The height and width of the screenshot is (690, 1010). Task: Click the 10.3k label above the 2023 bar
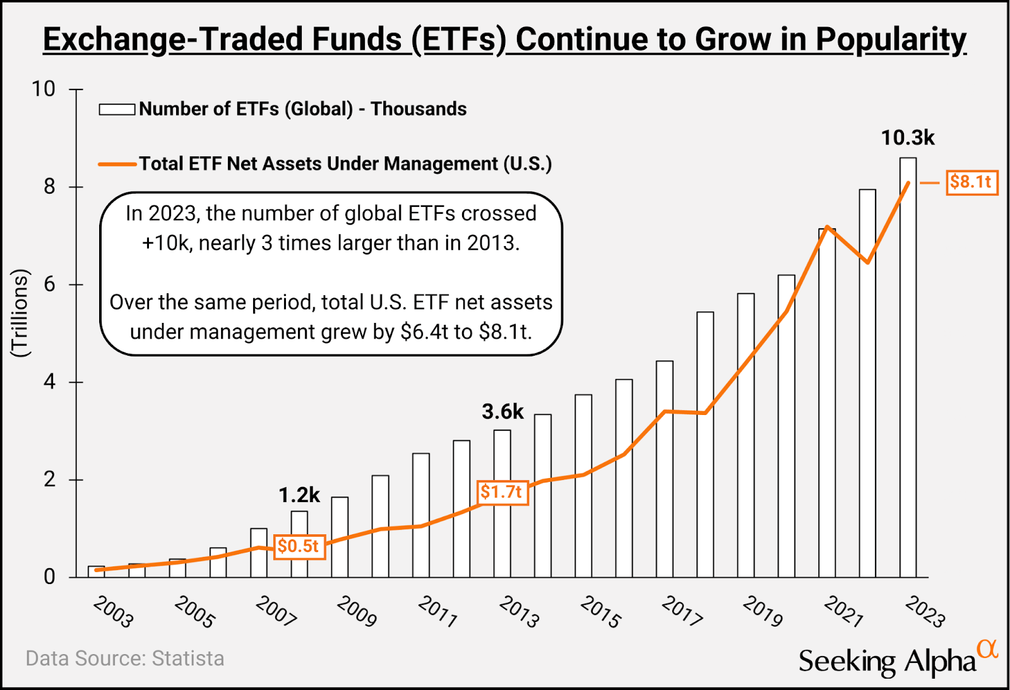907,137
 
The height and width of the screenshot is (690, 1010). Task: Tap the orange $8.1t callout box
971,182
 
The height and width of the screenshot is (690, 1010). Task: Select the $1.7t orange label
502,492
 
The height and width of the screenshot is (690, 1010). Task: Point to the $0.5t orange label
299,546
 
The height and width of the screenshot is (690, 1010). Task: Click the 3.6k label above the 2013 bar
502,412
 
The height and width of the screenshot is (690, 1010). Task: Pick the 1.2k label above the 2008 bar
299,495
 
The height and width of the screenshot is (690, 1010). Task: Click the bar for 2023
908,378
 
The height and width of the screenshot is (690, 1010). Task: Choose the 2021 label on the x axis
844,612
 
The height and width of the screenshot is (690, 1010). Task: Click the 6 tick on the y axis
49,284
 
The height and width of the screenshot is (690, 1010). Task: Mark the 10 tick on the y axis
44,89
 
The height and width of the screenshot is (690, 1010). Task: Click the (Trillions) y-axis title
20,313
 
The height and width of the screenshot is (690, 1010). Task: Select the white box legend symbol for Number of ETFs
117,110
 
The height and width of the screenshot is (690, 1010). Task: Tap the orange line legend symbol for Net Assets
117,165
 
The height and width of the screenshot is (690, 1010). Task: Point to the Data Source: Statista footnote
125,658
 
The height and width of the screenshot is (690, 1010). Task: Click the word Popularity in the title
891,39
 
